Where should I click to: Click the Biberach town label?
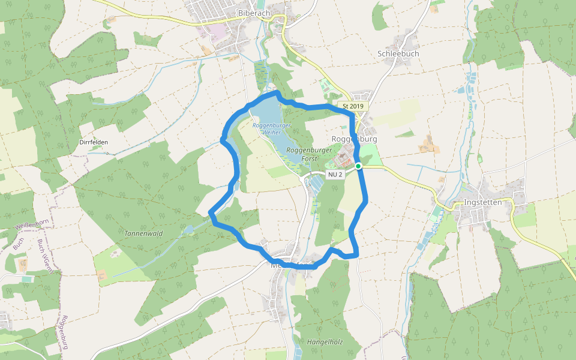click(x=254, y=13)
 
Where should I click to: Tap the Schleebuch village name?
click(x=398, y=53)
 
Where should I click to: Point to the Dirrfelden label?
click(x=94, y=142)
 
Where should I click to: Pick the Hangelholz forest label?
click(x=325, y=342)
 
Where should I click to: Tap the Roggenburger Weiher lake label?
click(x=271, y=128)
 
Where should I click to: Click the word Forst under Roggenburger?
click(x=309, y=158)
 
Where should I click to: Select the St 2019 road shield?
click(x=353, y=106)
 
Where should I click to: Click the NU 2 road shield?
click(x=335, y=175)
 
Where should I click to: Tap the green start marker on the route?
click(x=358, y=166)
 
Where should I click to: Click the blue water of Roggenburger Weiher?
click(x=270, y=114)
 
